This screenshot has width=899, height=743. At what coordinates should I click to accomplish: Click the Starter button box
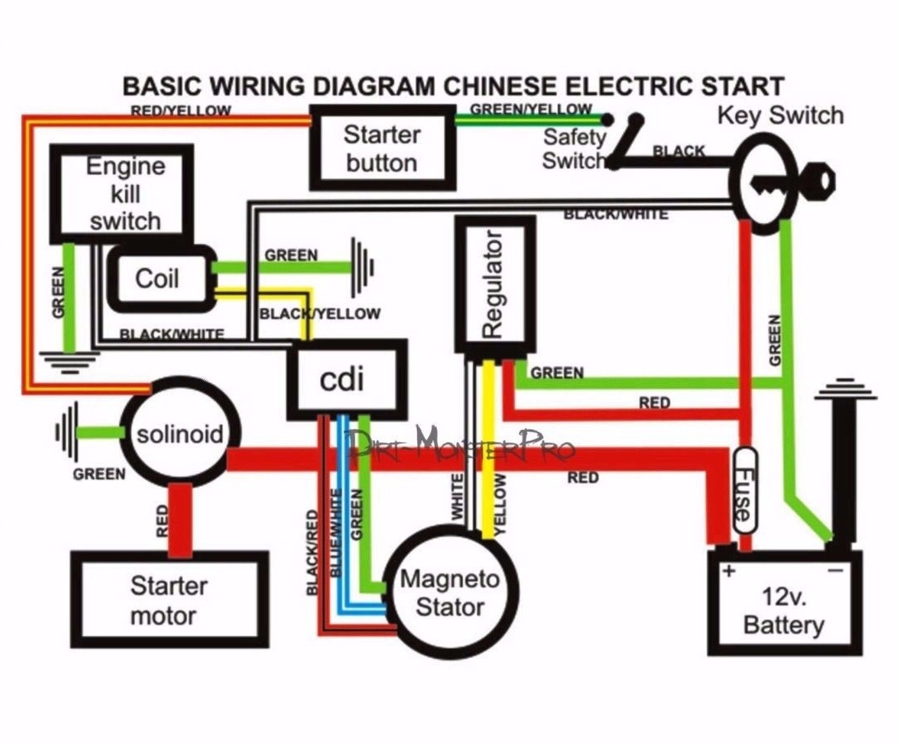coord(382,148)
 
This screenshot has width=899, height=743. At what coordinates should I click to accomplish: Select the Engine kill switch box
coord(122,194)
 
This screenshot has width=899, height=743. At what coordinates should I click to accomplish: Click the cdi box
coord(347,379)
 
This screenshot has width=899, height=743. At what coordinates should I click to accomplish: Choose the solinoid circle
coord(179,433)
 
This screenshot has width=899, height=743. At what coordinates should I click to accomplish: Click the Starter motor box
coord(169,600)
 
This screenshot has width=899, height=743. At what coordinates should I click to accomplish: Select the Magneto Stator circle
coord(449,593)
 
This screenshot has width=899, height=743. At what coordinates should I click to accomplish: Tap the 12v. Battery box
coord(784,609)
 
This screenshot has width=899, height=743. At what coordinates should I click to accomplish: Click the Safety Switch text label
coord(574,149)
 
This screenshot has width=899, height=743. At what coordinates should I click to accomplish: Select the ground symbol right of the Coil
coord(363,266)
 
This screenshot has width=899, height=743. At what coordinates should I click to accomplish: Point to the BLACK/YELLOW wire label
coord(320,314)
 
